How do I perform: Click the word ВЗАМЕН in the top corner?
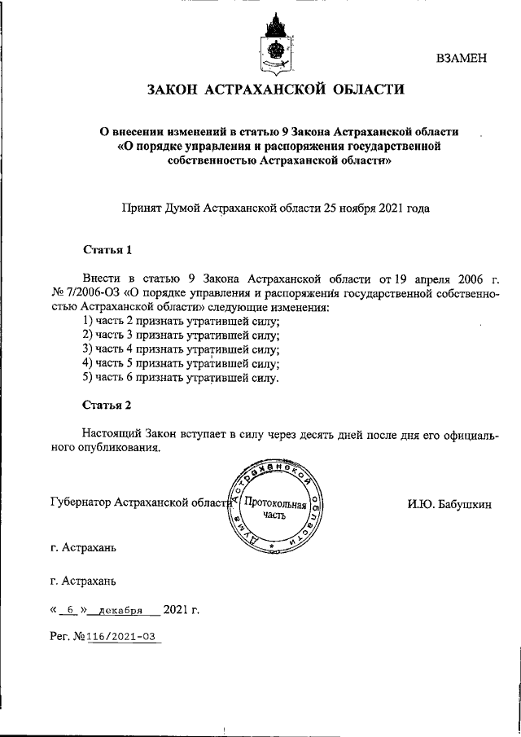coord(462,57)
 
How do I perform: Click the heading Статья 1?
coord(107,249)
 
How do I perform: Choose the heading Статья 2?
coord(107,404)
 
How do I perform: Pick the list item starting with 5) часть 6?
coord(181,378)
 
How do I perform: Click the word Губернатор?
coord(81,503)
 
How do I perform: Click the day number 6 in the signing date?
coord(71,608)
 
